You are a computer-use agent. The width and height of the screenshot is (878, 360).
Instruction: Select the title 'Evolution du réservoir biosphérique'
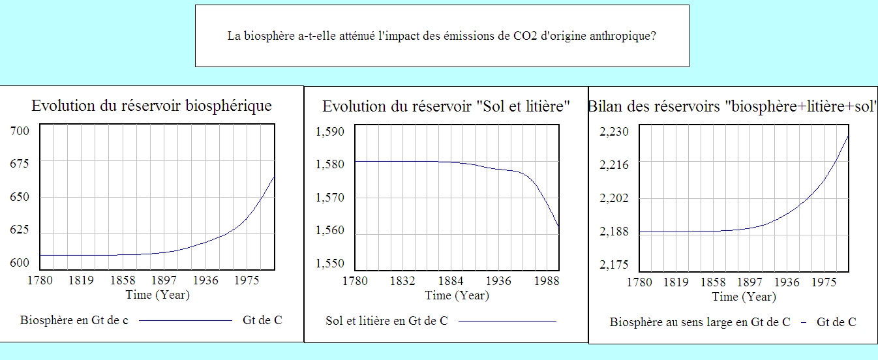(152, 106)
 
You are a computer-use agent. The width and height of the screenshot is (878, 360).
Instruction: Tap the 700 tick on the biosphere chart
(20, 132)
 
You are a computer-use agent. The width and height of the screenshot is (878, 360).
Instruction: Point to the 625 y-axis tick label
(20, 230)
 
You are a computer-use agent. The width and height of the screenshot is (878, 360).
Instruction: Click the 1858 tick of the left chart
(122, 281)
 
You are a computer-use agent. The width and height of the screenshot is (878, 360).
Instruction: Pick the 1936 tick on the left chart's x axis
(205, 281)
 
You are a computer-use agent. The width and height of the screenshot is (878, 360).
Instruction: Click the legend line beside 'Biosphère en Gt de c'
(185, 321)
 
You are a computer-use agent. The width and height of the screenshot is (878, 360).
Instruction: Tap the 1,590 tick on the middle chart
(329, 132)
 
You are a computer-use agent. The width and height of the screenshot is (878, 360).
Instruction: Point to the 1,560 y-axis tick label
(329, 231)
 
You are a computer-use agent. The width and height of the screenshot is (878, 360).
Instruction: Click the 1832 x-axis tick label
(403, 282)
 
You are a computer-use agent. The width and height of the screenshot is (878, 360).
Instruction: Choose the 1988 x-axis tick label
(547, 282)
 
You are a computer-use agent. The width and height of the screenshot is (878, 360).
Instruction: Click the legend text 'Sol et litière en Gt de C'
(387, 321)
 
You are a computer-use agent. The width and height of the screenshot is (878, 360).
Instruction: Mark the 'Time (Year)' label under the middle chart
(457, 295)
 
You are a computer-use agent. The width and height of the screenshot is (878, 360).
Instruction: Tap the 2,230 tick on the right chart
(614, 132)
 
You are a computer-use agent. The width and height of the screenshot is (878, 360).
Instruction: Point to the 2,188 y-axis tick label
(614, 232)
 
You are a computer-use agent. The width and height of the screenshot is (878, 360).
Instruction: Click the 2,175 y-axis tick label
(614, 265)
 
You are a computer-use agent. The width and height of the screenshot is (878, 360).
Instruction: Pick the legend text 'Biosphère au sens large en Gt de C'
(700, 322)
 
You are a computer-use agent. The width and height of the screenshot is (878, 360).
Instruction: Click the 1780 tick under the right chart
(639, 282)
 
